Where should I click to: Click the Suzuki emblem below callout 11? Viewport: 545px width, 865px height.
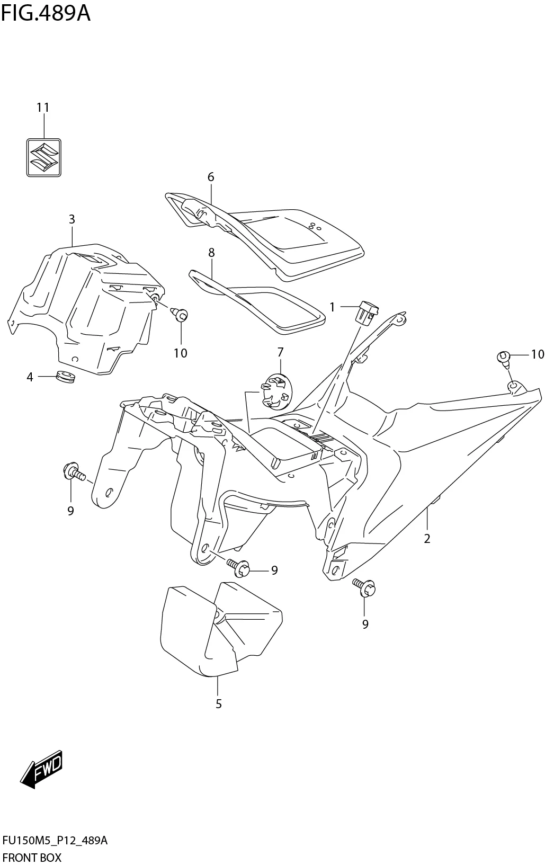pyautogui.click(x=44, y=157)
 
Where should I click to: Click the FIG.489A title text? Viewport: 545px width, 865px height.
pyautogui.click(x=46, y=13)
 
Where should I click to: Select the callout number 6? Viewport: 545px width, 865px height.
pyautogui.click(x=211, y=177)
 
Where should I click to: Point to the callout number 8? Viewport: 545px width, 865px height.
pyautogui.click(x=211, y=253)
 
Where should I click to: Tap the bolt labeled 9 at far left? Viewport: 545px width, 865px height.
pyautogui.click(x=73, y=472)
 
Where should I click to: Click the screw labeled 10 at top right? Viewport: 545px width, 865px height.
pyautogui.click(x=504, y=358)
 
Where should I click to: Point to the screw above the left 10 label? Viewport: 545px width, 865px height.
pyautogui.click(x=180, y=315)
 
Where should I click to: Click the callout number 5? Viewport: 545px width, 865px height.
pyautogui.click(x=218, y=704)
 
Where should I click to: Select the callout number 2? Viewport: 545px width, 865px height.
pyautogui.click(x=427, y=539)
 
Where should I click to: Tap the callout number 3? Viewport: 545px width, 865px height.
pyautogui.click(x=72, y=219)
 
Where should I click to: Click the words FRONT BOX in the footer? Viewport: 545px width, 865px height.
pyautogui.click(x=32, y=857)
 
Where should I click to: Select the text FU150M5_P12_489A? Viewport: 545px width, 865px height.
pyautogui.click(x=55, y=841)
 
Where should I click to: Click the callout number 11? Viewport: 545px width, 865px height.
pyautogui.click(x=43, y=108)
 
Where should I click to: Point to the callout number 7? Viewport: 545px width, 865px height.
pyautogui.click(x=280, y=352)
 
